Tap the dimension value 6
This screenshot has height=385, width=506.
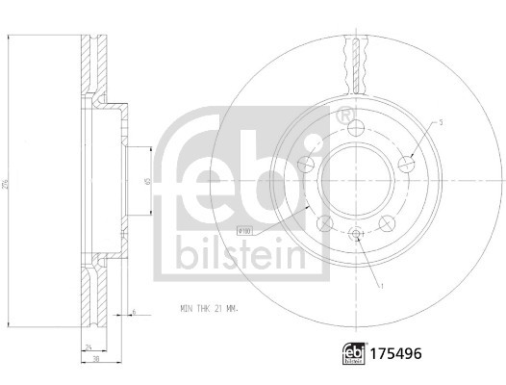[x=134, y=312]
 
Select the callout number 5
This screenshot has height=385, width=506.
[x=439, y=122]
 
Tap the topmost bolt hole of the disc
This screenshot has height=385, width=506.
[x=353, y=130]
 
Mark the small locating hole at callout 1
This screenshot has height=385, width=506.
[x=354, y=236]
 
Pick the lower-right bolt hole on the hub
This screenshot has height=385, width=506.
[x=389, y=223]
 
